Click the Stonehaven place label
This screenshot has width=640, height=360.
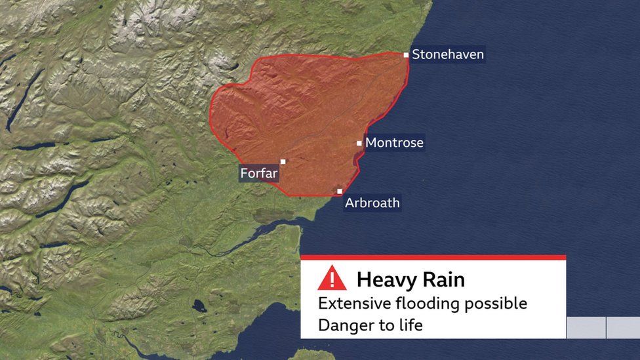448,54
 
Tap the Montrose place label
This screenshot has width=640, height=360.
394,142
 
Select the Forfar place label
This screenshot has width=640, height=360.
259,174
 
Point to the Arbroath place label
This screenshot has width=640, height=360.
372,203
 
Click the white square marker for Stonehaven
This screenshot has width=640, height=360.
407,55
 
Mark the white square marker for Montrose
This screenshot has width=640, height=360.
359,143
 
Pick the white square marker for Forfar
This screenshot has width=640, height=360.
283,161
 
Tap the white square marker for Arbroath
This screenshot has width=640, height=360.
340,191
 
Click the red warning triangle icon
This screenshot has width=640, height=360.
332,279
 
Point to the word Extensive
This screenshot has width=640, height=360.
351,304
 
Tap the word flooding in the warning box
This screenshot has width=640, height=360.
429,304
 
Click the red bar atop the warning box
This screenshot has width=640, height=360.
433,258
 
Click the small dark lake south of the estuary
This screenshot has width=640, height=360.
199,306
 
